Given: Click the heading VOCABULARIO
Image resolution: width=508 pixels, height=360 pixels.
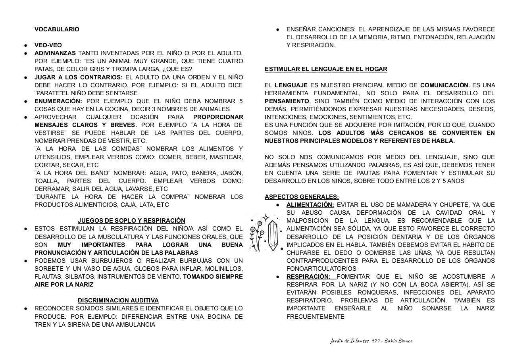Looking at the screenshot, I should click(57, 29).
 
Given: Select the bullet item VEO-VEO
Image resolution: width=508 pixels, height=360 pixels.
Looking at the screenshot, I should click(48, 45).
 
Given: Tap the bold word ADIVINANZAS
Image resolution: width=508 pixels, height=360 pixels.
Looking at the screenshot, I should click(55, 53).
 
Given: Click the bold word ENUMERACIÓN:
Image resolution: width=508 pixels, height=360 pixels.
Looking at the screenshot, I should click(58, 101).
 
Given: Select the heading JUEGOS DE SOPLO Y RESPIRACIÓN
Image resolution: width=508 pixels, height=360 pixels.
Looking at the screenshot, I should click(131, 221).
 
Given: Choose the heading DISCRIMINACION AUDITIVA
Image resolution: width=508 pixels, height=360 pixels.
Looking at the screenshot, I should click(118, 300).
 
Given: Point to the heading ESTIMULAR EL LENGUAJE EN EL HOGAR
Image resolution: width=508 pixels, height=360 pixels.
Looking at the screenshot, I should click(326, 69).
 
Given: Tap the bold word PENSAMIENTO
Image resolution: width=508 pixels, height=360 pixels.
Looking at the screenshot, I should click(287, 101).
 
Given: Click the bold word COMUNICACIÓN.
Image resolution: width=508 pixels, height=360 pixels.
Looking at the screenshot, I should click(445, 85).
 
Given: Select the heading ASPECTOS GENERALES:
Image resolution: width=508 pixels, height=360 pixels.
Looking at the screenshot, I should click(302, 197).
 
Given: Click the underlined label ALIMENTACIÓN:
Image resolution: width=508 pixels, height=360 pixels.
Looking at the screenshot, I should click(310, 205).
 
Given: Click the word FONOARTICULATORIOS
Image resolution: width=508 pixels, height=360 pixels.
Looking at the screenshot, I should click(321, 269).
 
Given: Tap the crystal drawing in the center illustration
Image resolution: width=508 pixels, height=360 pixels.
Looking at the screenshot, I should click(273, 235).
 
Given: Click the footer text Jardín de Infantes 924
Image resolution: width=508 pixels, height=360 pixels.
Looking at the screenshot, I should click(354, 341).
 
